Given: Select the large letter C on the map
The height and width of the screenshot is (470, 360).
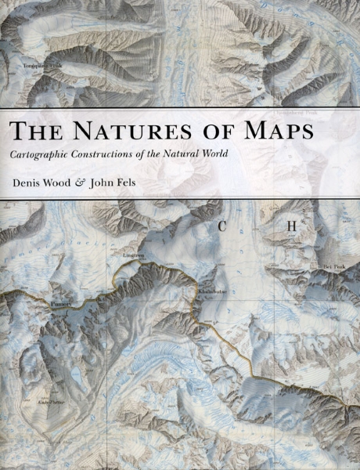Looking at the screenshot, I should [223, 227].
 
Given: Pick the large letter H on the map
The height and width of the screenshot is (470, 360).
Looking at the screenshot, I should [291, 227].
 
